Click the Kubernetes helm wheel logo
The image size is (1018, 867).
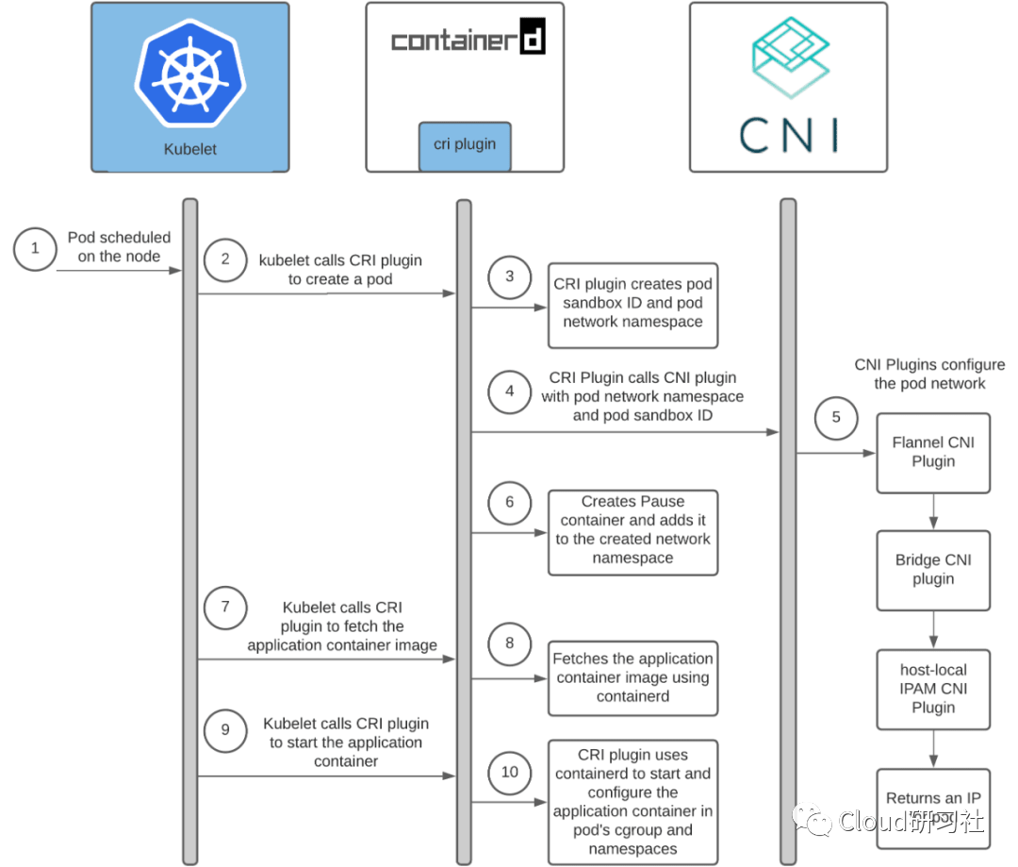click(189, 75)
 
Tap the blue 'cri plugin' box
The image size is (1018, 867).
click(466, 144)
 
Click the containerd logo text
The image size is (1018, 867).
click(468, 41)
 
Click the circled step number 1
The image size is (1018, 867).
click(36, 249)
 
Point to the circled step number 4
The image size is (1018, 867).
click(510, 391)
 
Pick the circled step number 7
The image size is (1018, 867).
click(225, 608)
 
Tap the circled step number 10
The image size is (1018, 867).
click(510, 773)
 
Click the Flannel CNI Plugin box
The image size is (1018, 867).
click(933, 452)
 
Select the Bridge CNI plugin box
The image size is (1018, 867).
click(933, 570)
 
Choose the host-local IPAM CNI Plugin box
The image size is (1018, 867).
click(933, 689)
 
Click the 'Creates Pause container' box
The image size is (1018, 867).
click(632, 530)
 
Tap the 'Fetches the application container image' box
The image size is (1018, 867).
click(632, 677)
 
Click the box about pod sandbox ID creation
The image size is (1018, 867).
click(632, 303)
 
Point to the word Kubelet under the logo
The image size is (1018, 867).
click(189, 149)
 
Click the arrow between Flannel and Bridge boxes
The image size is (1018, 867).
click(933, 511)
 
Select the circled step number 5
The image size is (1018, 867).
click(836, 417)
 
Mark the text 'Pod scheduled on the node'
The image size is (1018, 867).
click(119, 246)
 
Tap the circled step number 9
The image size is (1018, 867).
click(225, 729)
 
